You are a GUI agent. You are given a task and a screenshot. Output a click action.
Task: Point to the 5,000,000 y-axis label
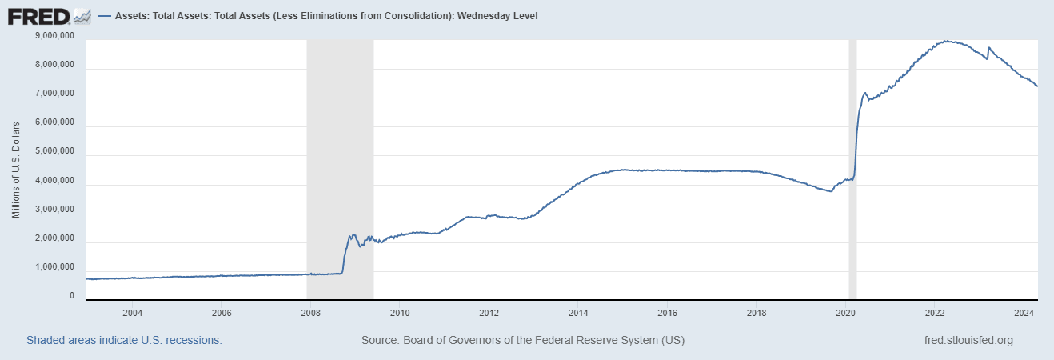tap(56, 151)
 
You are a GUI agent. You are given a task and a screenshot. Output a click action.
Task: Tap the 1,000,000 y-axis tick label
tap(56, 267)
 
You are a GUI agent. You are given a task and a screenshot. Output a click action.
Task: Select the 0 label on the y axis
tap(72, 296)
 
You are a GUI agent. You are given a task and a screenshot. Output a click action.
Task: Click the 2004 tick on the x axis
tap(132, 312)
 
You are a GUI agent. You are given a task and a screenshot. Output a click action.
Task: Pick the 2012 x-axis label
tap(489, 312)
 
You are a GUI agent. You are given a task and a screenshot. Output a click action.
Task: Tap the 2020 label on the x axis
tap(847, 312)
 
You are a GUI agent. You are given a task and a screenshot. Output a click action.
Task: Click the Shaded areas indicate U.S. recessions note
tap(124, 340)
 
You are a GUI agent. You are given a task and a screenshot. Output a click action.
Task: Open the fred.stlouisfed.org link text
tap(968, 340)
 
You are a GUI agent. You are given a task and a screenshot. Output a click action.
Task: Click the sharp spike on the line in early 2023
tap(989, 48)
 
